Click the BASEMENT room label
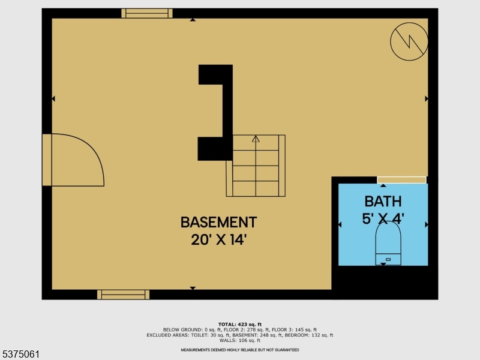218,222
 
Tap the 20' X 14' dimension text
218,239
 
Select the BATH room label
383,202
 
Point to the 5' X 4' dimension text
383,218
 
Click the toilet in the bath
388,244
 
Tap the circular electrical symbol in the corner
409,41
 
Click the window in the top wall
147,13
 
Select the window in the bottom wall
123,295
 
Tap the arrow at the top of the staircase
256,139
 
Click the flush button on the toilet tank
388,260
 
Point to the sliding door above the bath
401,180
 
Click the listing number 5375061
20,354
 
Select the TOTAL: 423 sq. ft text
240,325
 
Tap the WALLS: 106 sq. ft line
240,340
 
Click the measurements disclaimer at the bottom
240,350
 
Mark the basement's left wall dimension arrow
53,98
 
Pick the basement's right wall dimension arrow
427,98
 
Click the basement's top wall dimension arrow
193,20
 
